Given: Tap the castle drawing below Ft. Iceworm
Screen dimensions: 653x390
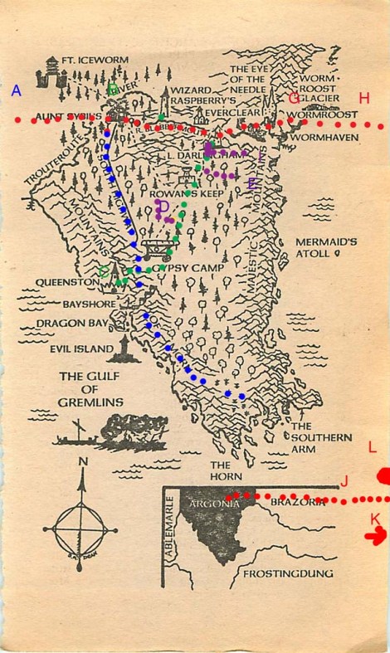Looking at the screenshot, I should tap(51, 76).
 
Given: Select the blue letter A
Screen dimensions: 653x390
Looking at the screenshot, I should tap(16, 91).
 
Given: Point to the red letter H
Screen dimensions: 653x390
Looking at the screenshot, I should tap(363, 99).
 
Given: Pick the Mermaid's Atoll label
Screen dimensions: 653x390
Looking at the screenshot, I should tap(326, 248).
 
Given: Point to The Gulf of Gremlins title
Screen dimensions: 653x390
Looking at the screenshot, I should tap(90, 389).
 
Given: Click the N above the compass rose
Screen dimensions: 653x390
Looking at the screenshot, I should tap(82, 462).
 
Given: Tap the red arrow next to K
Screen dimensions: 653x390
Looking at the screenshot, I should tap(376, 537).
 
